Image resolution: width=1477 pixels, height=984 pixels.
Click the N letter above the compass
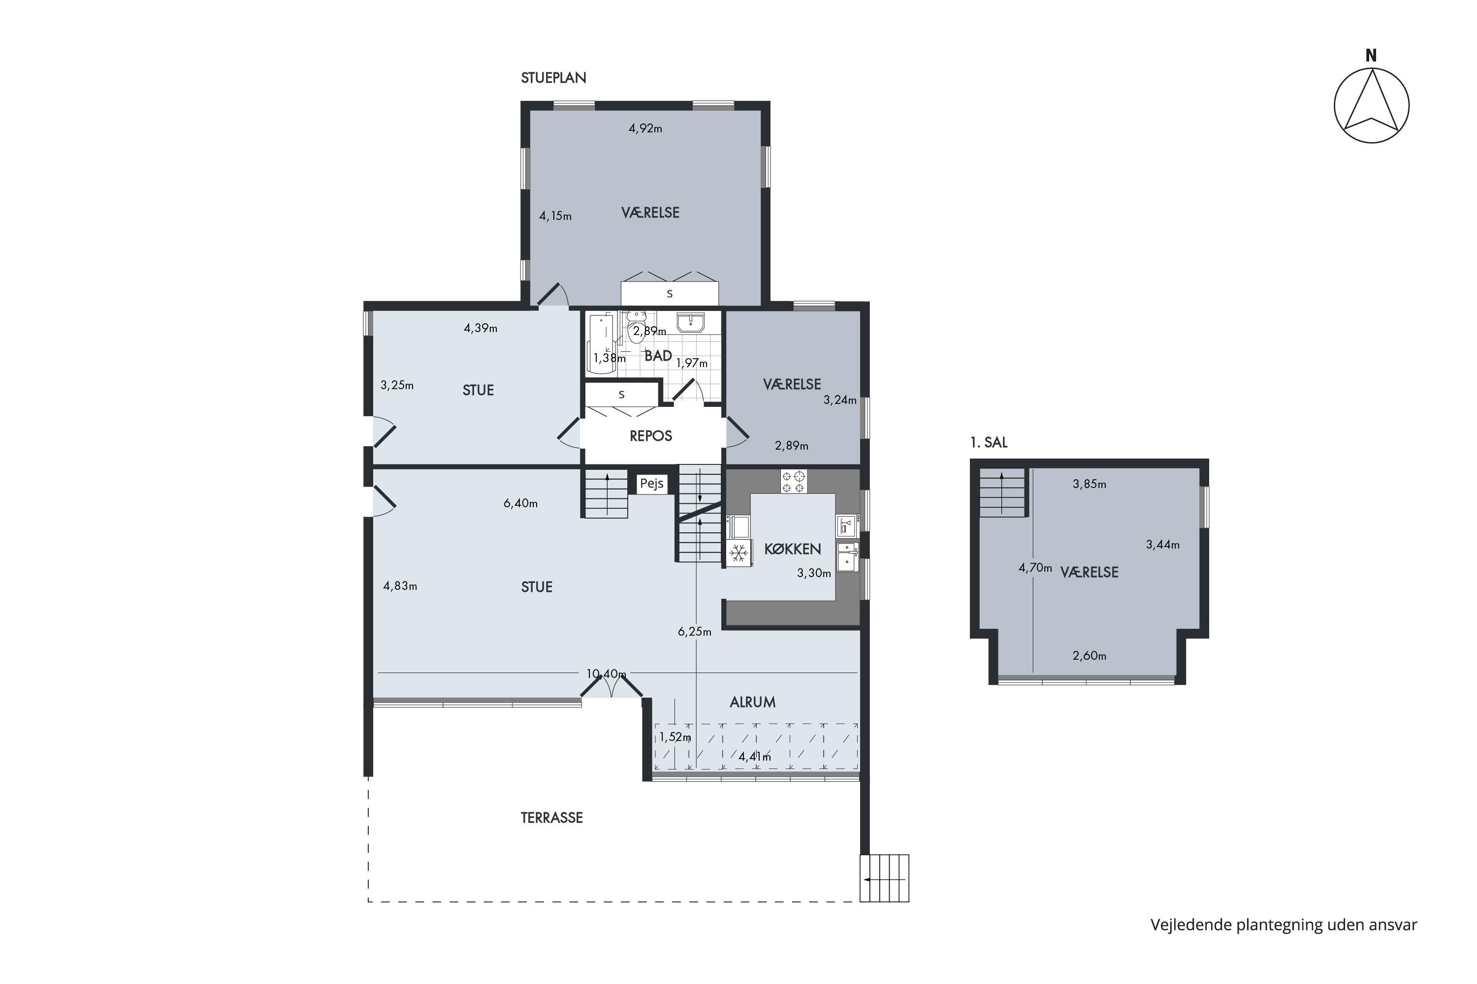point(1371,56)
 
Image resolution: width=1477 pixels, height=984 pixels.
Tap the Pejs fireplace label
point(651,484)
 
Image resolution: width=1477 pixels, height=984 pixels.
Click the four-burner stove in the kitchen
point(794,481)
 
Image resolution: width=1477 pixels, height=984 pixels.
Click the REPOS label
point(650,435)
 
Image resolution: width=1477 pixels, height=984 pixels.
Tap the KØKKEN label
point(793,549)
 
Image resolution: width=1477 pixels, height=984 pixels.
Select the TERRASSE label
point(551,818)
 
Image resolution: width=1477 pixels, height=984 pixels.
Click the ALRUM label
point(752,702)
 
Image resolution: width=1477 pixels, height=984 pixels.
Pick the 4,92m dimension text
point(645,128)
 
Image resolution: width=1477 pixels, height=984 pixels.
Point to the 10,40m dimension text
point(606,674)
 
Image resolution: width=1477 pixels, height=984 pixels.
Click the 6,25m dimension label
point(695,632)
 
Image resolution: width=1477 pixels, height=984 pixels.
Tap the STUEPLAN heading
point(553,78)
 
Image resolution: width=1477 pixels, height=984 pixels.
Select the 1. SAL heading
point(989,442)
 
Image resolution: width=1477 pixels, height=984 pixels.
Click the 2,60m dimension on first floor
point(1090,656)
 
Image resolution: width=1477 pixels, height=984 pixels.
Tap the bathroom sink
point(691,323)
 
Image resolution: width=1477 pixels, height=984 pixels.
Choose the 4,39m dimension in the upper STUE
point(481,328)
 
